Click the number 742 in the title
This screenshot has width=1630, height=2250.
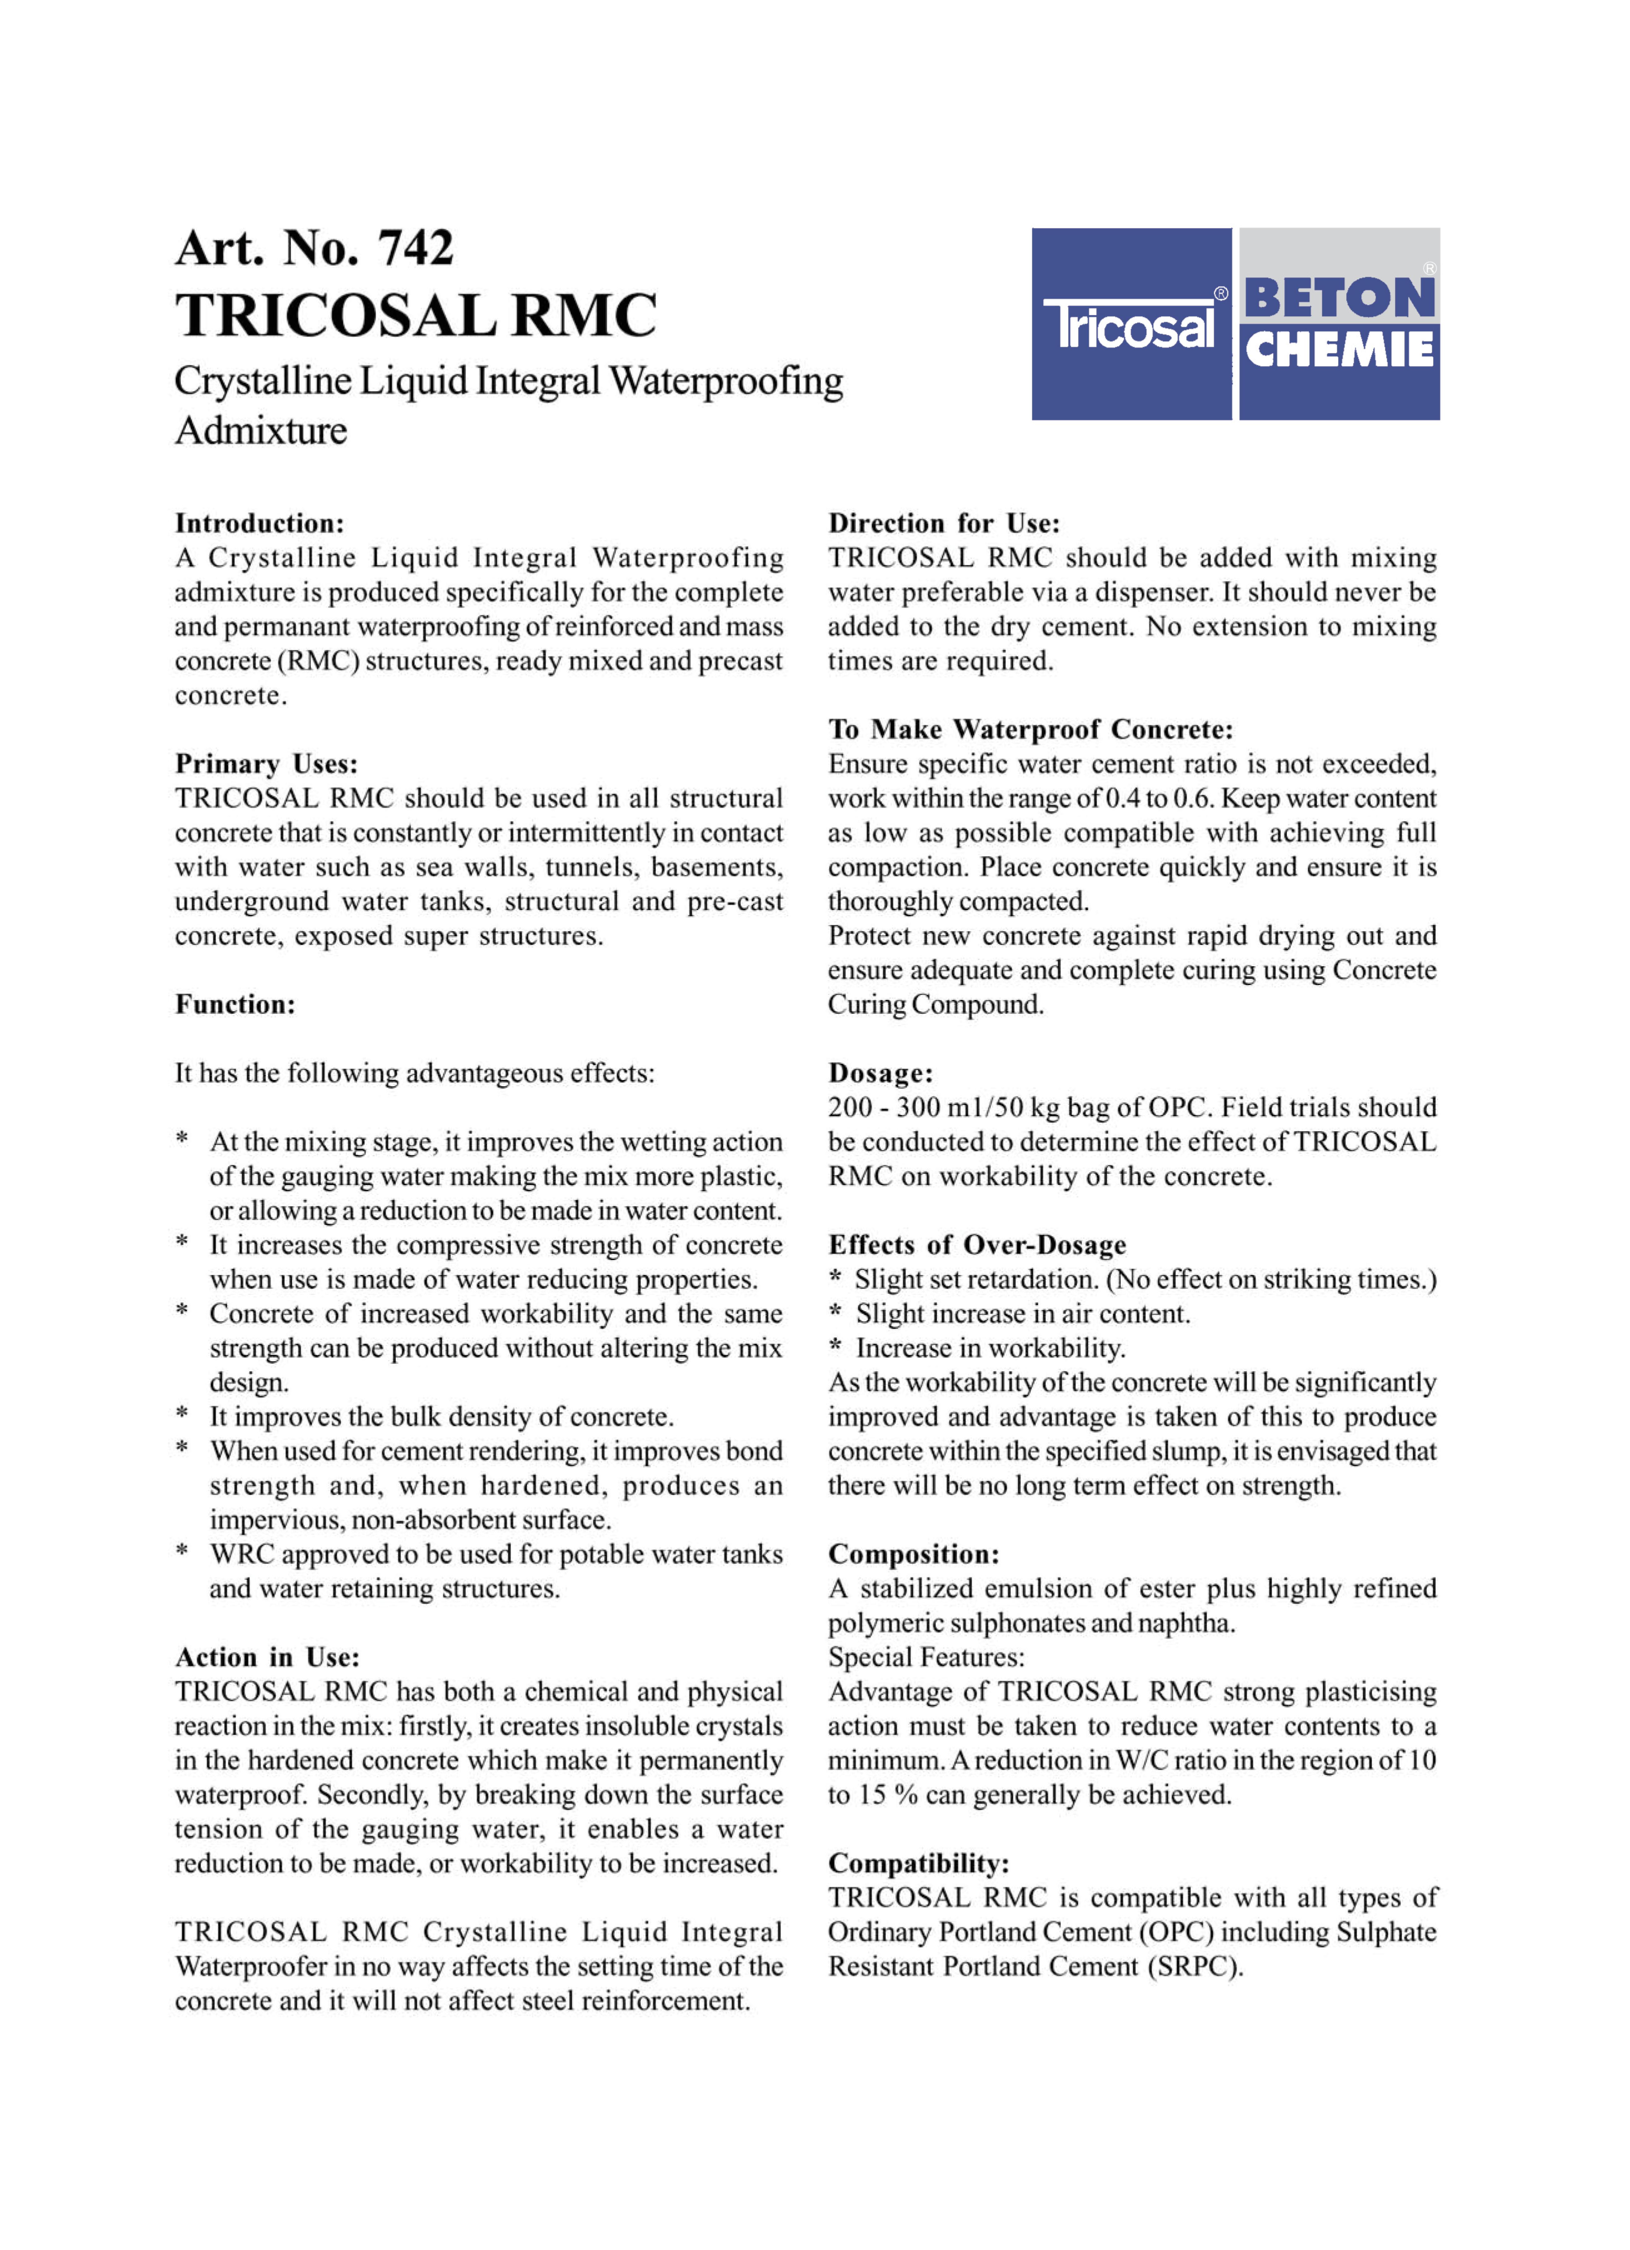click(416, 248)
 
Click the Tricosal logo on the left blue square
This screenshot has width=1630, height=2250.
click(1131, 324)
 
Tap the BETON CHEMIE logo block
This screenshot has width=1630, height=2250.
click(1339, 324)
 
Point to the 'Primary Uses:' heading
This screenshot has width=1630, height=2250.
click(266, 764)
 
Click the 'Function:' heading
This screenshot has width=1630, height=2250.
click(235, 1005)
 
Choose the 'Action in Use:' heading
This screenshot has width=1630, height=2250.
click(267, 1658)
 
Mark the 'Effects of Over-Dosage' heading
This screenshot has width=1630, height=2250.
click(977, 1245)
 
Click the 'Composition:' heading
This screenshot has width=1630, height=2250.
click(914, 1555)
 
